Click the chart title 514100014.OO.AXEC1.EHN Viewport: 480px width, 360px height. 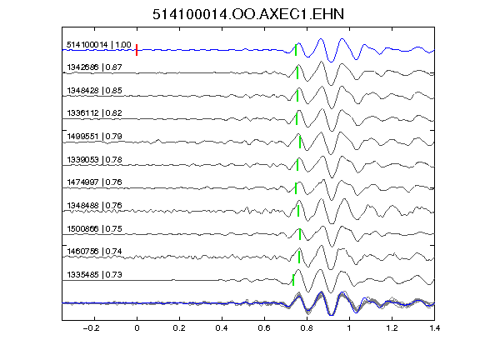[x=248, y=14]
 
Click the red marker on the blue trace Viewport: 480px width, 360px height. [x=137, y=50]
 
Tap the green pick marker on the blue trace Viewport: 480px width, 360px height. [x=296, y=50]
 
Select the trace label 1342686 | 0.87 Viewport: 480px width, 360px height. [x=95, y=67]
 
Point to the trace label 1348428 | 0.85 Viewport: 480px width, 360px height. [x=95, y=90]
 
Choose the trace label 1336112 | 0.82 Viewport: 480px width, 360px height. [x=95, y=113]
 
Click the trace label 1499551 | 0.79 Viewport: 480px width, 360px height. [x=95, y=136]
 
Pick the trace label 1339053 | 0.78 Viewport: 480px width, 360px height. [x=95, y=159]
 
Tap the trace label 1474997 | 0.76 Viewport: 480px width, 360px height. [x=95, y=182]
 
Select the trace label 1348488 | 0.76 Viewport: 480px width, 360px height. [x=95, y=205]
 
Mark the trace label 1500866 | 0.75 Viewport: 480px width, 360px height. [x=95, y=228]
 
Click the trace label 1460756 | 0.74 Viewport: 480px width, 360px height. [x=95, y=252]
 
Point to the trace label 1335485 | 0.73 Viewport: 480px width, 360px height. [x=95, y=275]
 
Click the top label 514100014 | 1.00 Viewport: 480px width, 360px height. [x=99, y=45]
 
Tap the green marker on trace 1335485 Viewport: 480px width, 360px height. [x=293, y=280]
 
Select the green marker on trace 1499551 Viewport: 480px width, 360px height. [x=300, y=142]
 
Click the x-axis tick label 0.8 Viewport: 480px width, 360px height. [x=307, y=328]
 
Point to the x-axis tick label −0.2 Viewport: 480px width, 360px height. [x=91, y=328]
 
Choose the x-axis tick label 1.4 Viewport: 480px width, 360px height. [x=435, y=328]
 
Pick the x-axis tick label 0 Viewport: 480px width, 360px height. [x=137, y=328]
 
